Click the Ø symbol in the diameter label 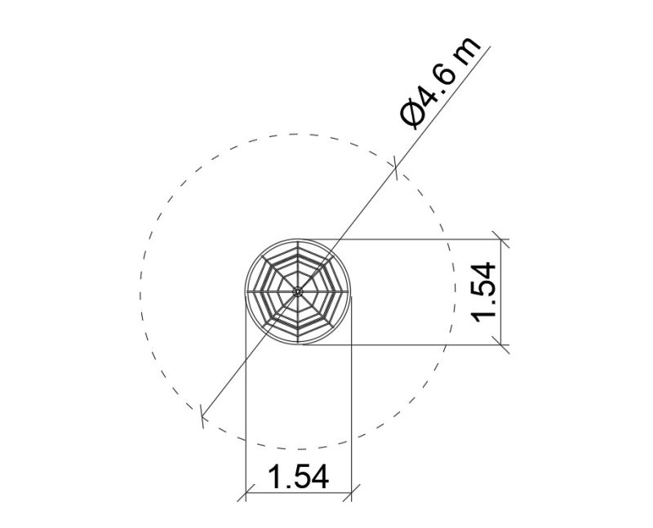(413, 112)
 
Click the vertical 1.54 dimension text (483, 292)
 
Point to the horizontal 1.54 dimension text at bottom (298, 477)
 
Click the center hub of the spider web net (297, 291)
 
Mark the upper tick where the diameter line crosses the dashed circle (396, 168)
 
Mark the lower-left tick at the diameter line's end (202, 416)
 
